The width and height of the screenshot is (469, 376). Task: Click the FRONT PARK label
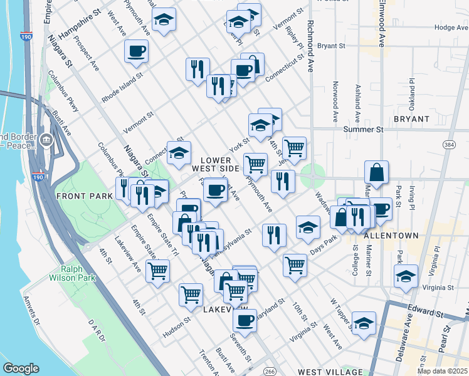coord(85,196)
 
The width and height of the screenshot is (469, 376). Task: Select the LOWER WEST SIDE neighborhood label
coord(216,164)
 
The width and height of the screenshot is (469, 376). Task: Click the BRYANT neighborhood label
coord(411,118)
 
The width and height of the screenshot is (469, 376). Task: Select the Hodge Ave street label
coord(451,28)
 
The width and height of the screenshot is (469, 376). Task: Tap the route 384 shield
coord(449,145)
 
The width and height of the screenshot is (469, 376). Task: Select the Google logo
coord(21,368)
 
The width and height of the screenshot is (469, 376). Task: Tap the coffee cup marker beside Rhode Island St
coord(136,51)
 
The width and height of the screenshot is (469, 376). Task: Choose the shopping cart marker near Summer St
coord(294,148)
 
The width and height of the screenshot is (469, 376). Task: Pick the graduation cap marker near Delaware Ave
coord(406,276)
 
